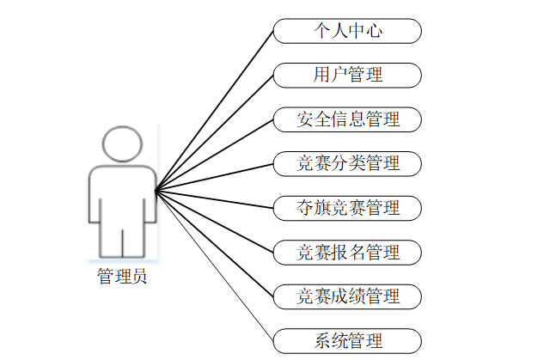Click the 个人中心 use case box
coord(347,31)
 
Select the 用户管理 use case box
coord(347,75)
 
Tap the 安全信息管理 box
coord(347,119)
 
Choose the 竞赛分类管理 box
coord(347,163)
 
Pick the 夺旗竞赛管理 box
coord(347,208)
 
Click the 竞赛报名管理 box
coord(347,253)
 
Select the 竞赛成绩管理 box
coord(347,296)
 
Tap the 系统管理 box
coord(347,340)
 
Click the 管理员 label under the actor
coord(121,277)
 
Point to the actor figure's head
coord(121,144)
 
